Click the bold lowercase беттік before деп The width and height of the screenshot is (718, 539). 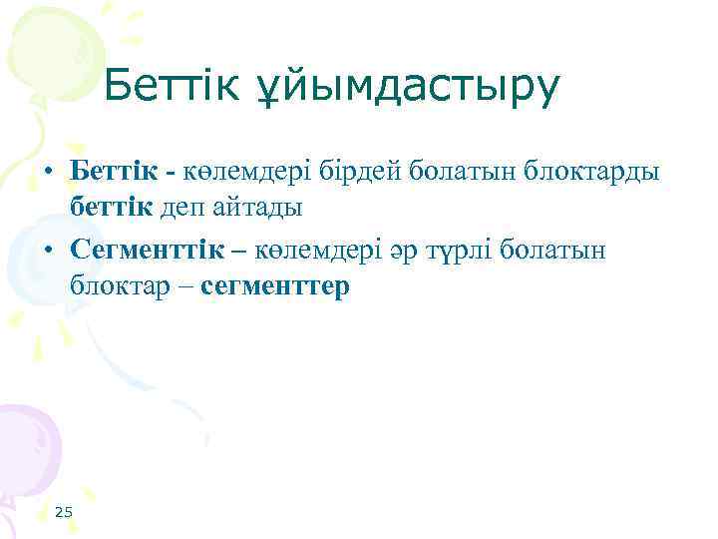(x=111, y=209)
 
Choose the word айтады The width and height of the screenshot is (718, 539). (x=262, y=209)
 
